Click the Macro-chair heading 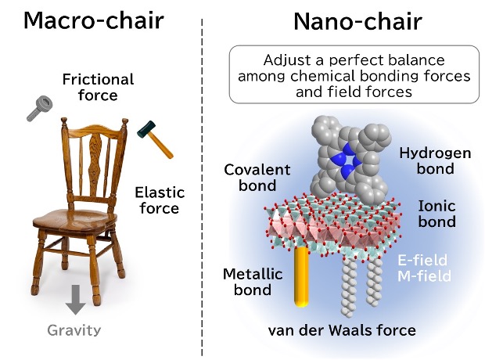click(x=93, y=21)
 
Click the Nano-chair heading click(x=357, y=21)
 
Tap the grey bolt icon click(x=39, y=108)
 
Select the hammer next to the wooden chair click(x=155, y=139)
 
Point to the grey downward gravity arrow click(x=76, y=300)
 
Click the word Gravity click(x=74, y=330)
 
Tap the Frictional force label click(x=98, y=88)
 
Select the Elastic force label click(x=160, y=200)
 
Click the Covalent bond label click(x=257, y=178)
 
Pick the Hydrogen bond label click(x=435, y=160)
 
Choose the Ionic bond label click(x=436, y=214)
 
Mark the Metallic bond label click(x=253, y=282)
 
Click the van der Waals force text click(x=342, y=330)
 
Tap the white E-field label click(x=422, y=260)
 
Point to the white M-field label click(x=424, y=275)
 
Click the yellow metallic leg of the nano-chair click(x=301, y=276)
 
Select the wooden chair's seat click(x=74, y=220)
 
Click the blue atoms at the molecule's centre click(x=346, y=160)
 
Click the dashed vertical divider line click(x=202, y=187)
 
